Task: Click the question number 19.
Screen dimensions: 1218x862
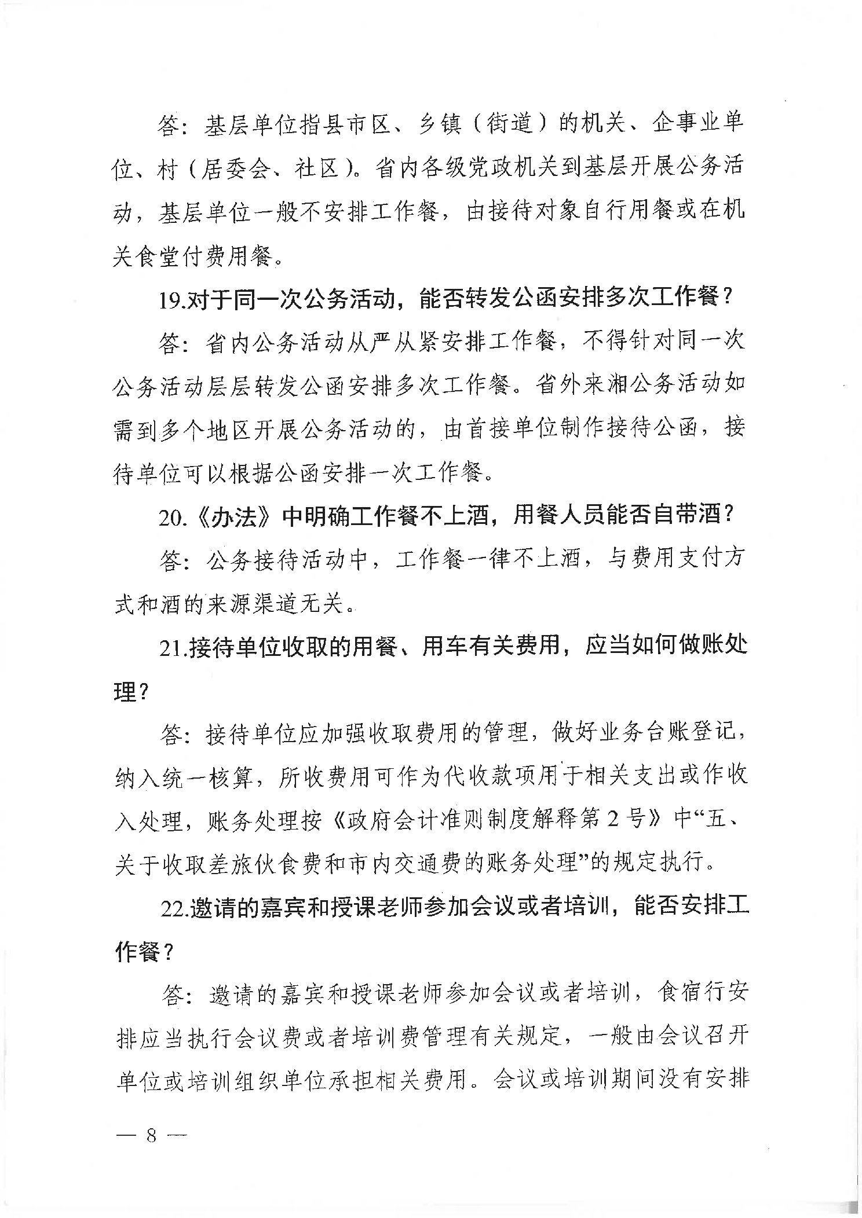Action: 172,300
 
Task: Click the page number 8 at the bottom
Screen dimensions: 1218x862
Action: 152,1135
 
